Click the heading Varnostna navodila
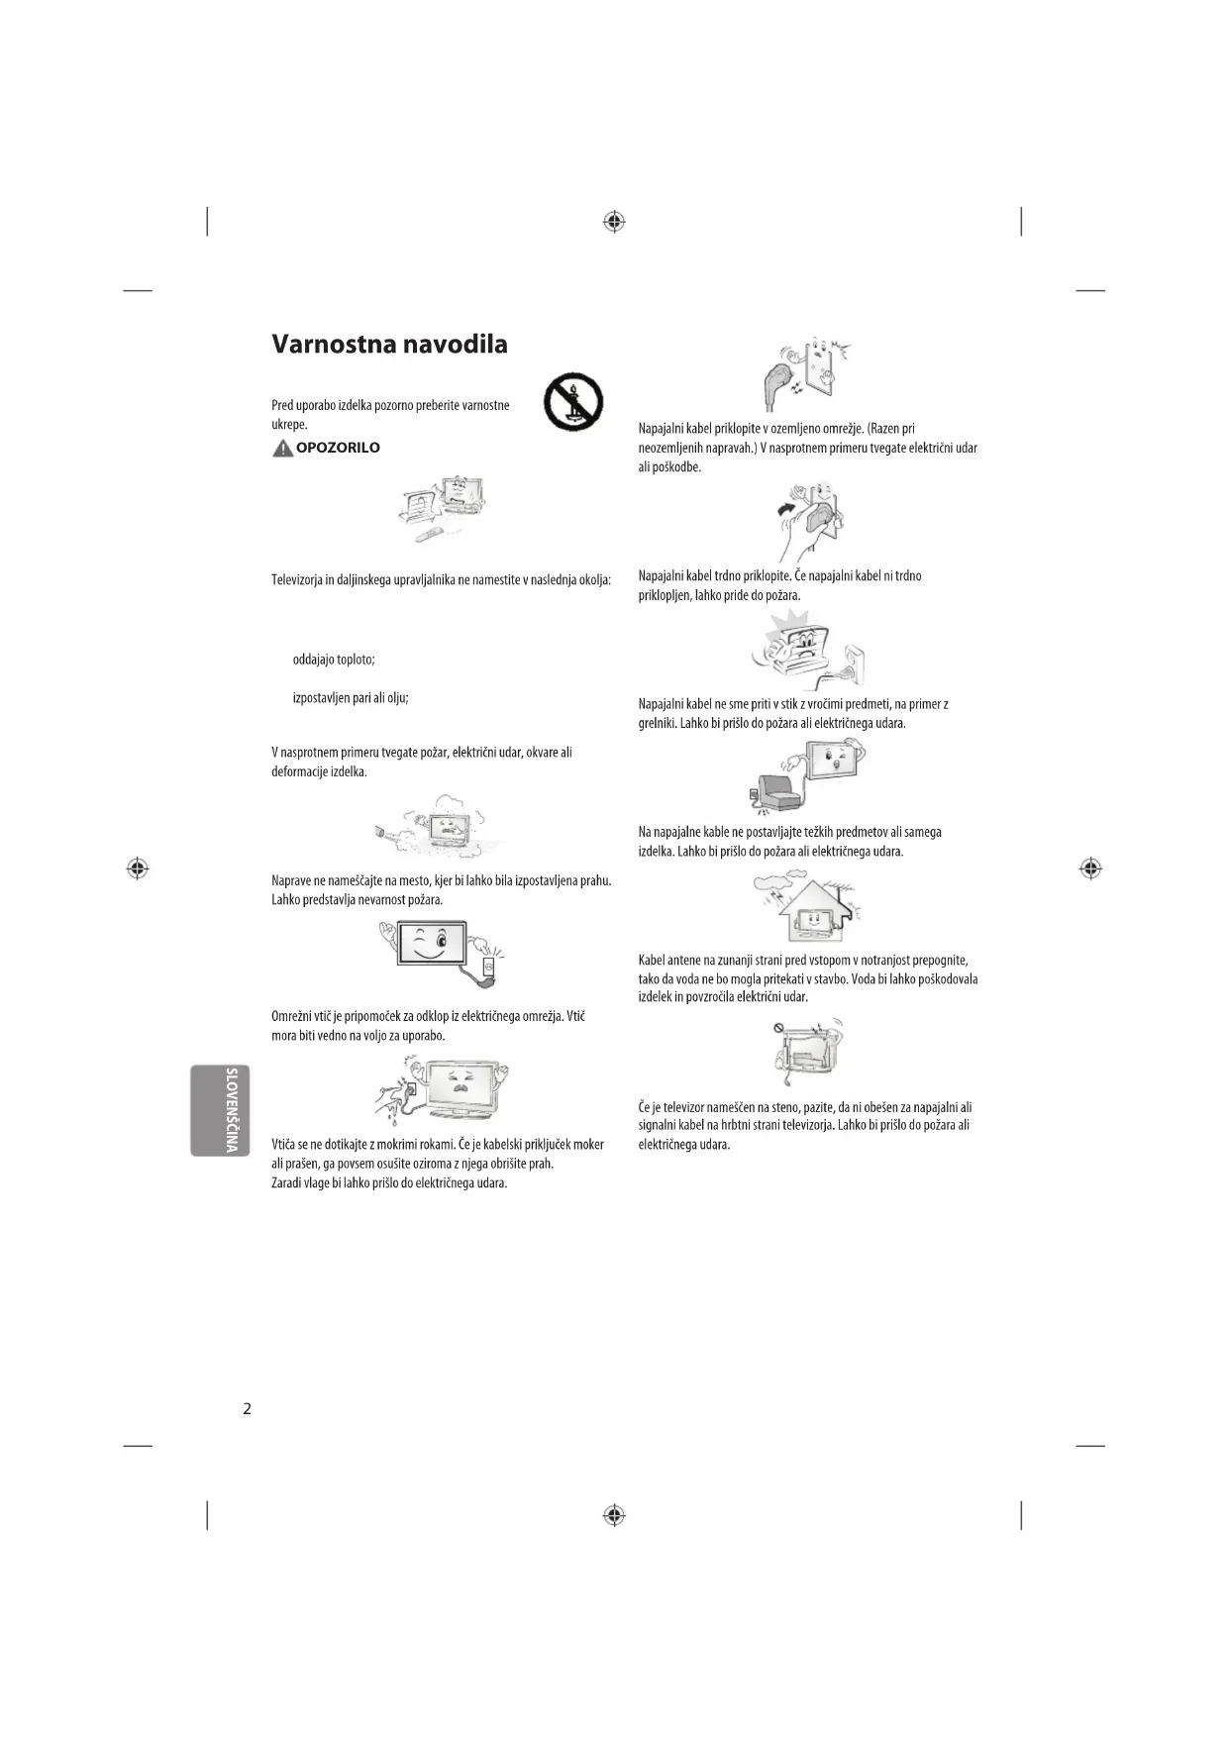[x=389, y=345]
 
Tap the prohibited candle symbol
[x=573, y=402]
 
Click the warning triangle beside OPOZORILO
[x=282, y=449]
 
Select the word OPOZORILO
[x=338, y=448]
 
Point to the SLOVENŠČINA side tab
[x=221, y=1110]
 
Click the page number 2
[x=248, y=1408]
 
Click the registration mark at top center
[x=614, y=222]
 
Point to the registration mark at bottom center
[x=614, y=1515]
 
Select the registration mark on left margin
[x=138, y=868]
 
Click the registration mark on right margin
[x=1090, y=868]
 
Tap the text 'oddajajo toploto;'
[x=334, y=660]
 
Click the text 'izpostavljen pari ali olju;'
[x=351, y=698]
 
